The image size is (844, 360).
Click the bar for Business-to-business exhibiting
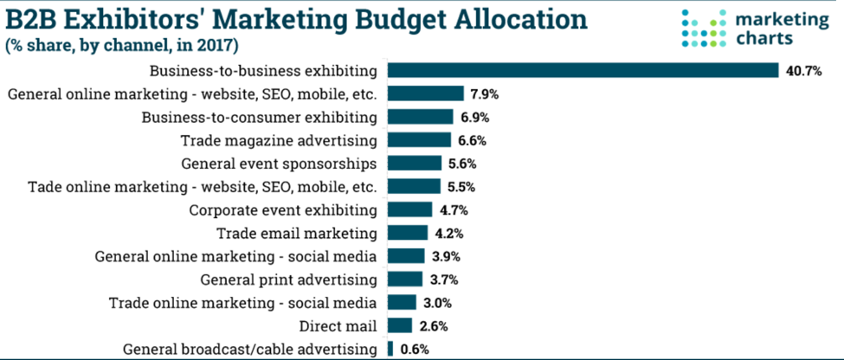coord(583,70)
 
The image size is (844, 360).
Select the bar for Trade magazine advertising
coord(419,139)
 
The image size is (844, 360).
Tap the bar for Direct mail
coord(399,325)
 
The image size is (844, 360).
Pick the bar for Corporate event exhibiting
coord(409,209)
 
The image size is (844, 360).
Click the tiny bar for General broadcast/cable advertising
coord(390,349)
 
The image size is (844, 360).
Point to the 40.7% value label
coord(804,71)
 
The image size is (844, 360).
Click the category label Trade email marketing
coord(296,233)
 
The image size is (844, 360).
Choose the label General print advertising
coord(288,280)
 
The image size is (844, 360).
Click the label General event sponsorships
coord(279,163)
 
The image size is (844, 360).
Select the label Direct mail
coord(338,326)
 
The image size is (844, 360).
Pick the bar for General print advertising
coord(405,279)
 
